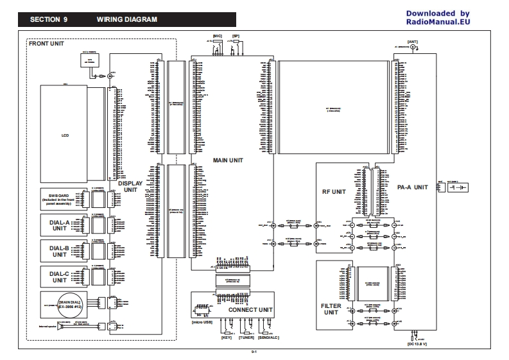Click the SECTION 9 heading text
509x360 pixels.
coord(49,19)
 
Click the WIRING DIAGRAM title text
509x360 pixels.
coord(126,19)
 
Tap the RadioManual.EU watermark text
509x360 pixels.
coord(438,22)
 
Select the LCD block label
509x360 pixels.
coord(64,135)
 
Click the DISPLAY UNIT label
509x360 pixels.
coord(130,187)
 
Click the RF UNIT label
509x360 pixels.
coord(334,191)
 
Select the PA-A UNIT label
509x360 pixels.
coord(412,187)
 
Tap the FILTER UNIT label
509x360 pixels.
coord(331,310)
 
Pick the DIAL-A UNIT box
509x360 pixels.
coord(60,225)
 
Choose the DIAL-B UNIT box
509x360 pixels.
coord(60,251)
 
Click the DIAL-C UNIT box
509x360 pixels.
coord(60,277)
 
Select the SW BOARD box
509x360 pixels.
coord(60,198)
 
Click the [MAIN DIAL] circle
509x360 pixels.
coord(68,304)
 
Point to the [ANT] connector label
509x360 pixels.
coord(414,40)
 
